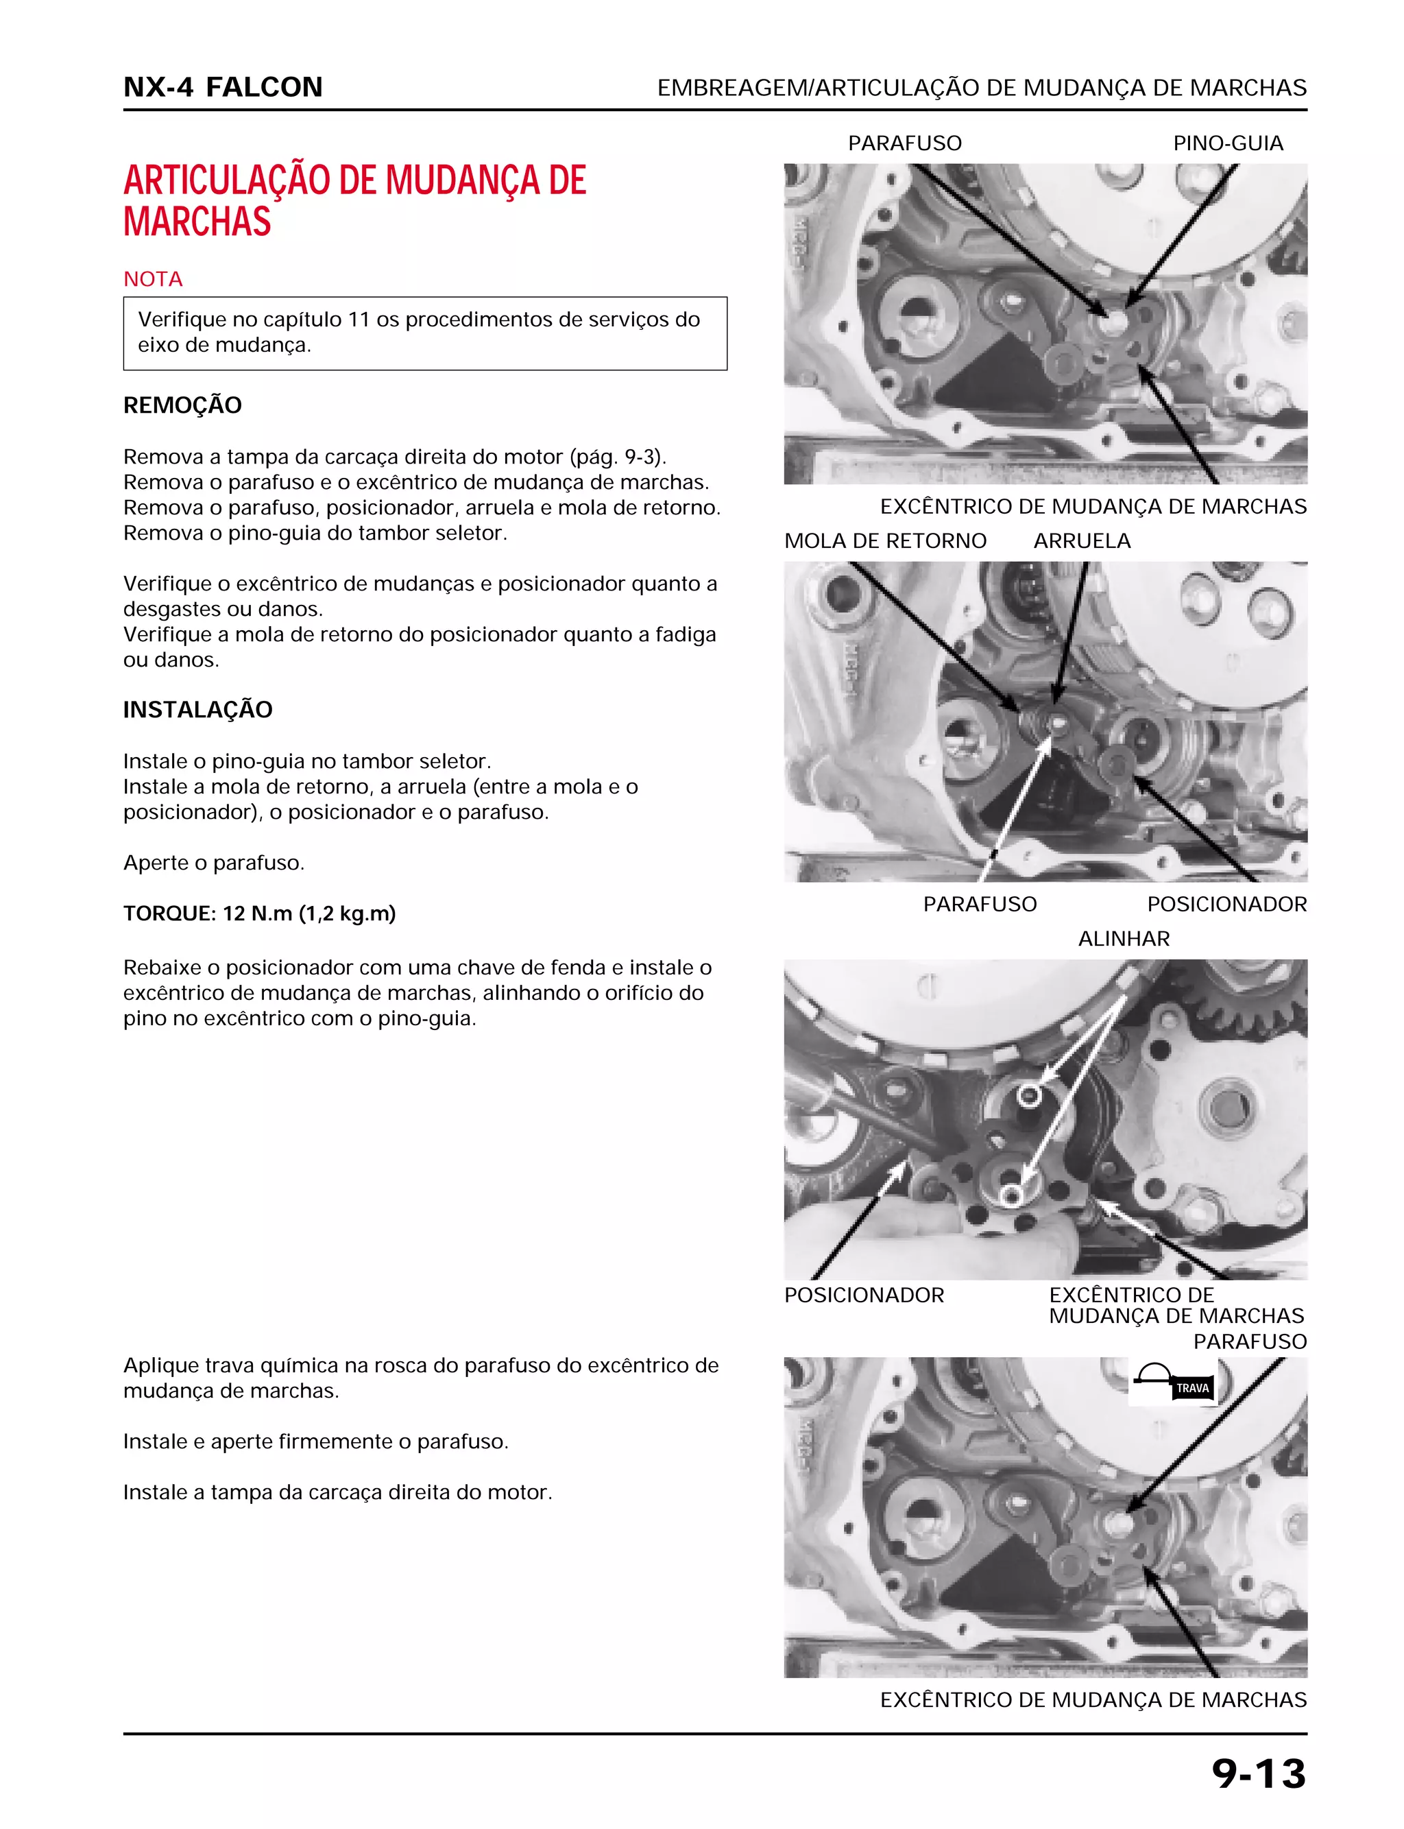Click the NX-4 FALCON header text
tap(222, 87)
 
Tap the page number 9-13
tap(1258, 1774)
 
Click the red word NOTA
tap(153, 279)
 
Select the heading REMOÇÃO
tap(182, 405)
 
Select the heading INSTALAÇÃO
tap(197, 710)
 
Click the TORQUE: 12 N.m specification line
tap(259, 913)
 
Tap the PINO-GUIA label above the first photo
tap(1228, 144)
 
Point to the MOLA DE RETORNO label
tap(885, 542)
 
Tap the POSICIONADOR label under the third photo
tap(863, 1295)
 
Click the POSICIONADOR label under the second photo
tap(1226, 905)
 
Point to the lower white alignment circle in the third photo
tap(1011, 1195)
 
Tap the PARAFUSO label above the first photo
tap(904, 144)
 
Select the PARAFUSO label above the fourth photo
tap(1249, 1341)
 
